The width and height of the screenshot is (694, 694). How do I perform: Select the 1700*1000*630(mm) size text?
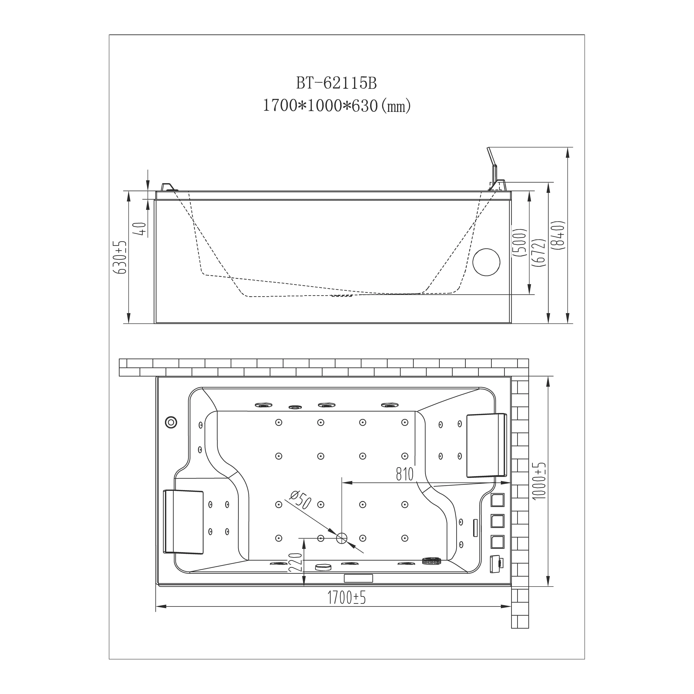click(337, 106)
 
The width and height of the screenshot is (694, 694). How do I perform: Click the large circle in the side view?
click(486, 262)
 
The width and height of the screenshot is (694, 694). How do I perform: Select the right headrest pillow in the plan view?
click(487, 445)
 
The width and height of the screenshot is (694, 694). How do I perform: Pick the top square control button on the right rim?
click(497, 500)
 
